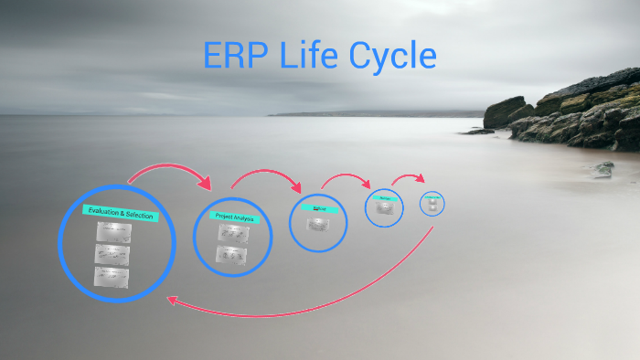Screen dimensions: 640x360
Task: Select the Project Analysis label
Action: pyautogui.click(x=234, y=217)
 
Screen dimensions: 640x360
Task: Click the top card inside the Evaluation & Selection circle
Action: pyautogui.click(x=113, y=233)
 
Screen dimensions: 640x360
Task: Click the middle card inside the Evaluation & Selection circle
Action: pyautogui.click(x=112, y=254)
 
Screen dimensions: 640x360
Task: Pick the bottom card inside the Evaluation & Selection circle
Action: pyautogui.click(x=112, y=275)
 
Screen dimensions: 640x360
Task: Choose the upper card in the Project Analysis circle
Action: pyautogui.click(x=231, y=234)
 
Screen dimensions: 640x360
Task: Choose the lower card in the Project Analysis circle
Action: pyautogui.click(x=231, y=254)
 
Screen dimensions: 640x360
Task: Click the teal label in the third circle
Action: pyautogui.click(x=319, y=208)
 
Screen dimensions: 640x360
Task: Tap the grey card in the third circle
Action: pyautogui.click(x=318, y=223)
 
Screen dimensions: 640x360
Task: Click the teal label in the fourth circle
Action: pyautogui.click(x=385, y=196)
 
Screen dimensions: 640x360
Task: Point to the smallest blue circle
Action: pyautogui.click(x=432, y=203)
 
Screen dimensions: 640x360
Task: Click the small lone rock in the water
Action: pyautogui.click(x=603, y=169)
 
